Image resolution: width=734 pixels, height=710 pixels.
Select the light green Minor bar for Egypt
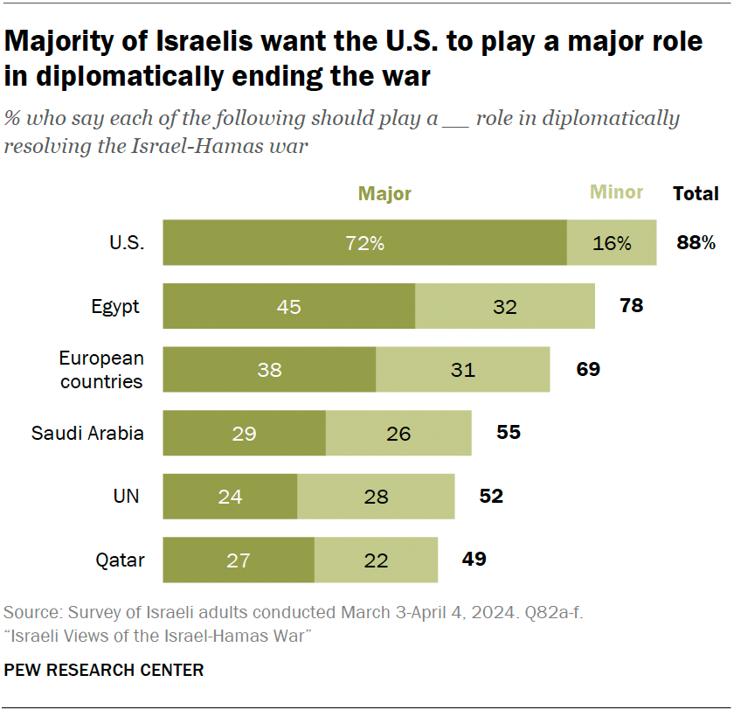tap(505, 306)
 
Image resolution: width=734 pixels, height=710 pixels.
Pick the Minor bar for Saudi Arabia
tap(398, 433)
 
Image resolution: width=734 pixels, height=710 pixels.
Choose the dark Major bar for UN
tap(230, 496)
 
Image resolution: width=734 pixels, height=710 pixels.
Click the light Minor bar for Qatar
tap(376, 560)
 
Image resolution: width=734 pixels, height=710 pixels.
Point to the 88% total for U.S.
tap(696, 243)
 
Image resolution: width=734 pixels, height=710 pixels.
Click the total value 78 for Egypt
tap(631, 306)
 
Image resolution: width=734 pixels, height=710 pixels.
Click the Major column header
tap(384, 194)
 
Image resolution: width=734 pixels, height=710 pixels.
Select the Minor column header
tap(616, 192)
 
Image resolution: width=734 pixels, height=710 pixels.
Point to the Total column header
tap(696, 194)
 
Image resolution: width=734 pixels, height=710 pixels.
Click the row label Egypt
tap(115, 307)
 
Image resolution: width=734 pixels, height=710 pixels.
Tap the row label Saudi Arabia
tap(87, 433)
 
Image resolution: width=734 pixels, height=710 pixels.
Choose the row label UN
tap(127, 496)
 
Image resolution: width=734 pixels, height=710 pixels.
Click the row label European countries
tap(100, 369)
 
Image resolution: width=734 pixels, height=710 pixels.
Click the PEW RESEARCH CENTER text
tap(104, 671)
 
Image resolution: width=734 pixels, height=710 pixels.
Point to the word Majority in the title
tap(72, 41)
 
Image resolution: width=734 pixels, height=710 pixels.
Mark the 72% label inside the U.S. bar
tap(364, 244)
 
